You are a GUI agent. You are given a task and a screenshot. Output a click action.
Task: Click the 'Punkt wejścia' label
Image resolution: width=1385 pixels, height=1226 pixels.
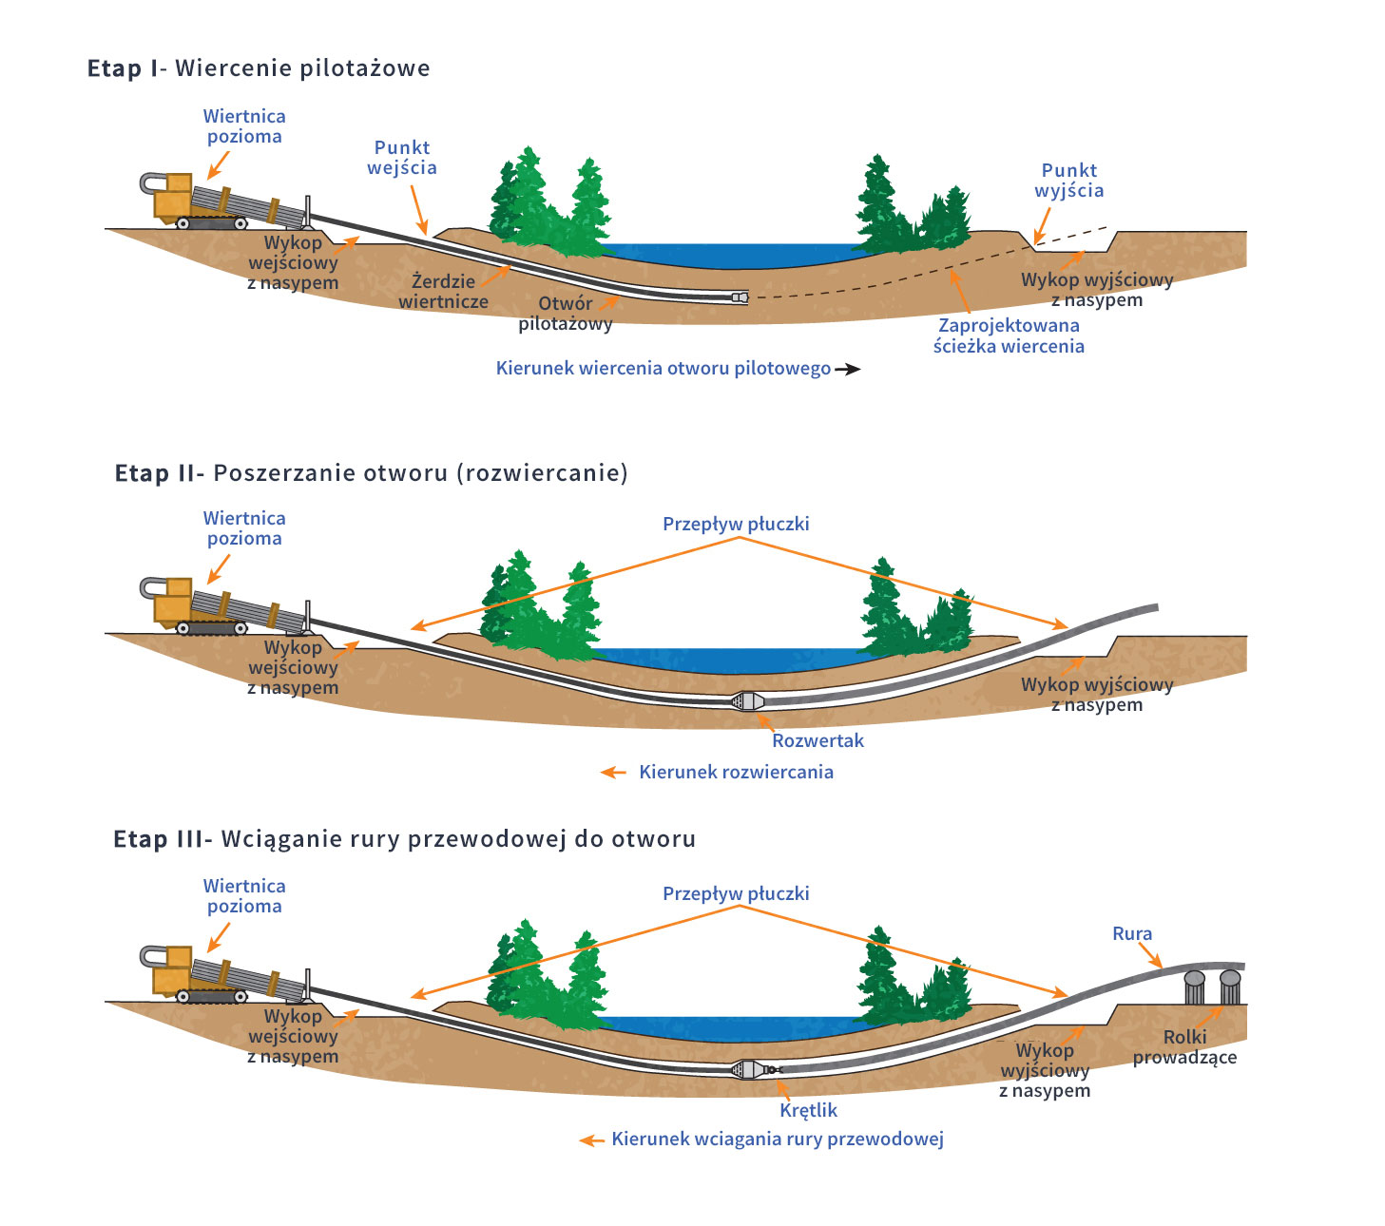[402, 158]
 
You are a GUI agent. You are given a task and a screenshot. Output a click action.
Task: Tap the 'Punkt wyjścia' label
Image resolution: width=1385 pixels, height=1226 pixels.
[1069, 181]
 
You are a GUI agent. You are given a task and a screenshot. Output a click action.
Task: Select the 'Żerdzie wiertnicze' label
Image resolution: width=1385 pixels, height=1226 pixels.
[443, 292]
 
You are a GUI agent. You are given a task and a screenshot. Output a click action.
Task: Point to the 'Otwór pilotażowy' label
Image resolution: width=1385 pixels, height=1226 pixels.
[566, 314]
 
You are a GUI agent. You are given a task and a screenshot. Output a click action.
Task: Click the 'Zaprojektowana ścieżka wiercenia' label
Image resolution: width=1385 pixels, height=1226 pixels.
[1009, 335]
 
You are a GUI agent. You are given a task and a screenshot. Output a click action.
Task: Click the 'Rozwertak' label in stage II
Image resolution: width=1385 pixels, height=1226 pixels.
[818, 740]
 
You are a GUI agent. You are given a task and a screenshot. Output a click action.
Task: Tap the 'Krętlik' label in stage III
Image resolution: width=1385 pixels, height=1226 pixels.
[808, 1110]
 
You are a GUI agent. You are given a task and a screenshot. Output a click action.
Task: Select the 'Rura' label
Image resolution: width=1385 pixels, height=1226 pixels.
[1132, 934]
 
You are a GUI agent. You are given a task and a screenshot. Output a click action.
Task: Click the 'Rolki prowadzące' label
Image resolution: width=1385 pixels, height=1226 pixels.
[1184, 1047]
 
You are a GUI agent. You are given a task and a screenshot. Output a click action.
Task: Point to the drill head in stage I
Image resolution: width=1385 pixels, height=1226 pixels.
[740, 297]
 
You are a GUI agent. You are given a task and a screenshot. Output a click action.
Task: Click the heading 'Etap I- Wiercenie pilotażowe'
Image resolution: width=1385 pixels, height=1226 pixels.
[259, 68]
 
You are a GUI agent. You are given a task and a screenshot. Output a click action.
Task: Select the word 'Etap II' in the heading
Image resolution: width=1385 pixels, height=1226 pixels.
[155, 473]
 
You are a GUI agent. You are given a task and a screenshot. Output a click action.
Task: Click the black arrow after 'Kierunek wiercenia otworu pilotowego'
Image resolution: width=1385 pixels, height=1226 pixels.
[848, 370]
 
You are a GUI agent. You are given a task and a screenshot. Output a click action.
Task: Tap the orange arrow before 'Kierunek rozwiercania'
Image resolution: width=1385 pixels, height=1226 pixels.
[614, 773]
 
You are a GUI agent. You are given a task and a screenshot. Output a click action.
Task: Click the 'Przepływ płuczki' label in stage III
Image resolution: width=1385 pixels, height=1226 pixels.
[736, 893]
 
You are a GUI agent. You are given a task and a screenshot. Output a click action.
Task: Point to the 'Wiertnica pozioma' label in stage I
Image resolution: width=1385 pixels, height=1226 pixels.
[244, 126]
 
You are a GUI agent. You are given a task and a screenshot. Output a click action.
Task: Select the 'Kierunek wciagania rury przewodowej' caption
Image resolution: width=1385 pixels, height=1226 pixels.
[778, 1139]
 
